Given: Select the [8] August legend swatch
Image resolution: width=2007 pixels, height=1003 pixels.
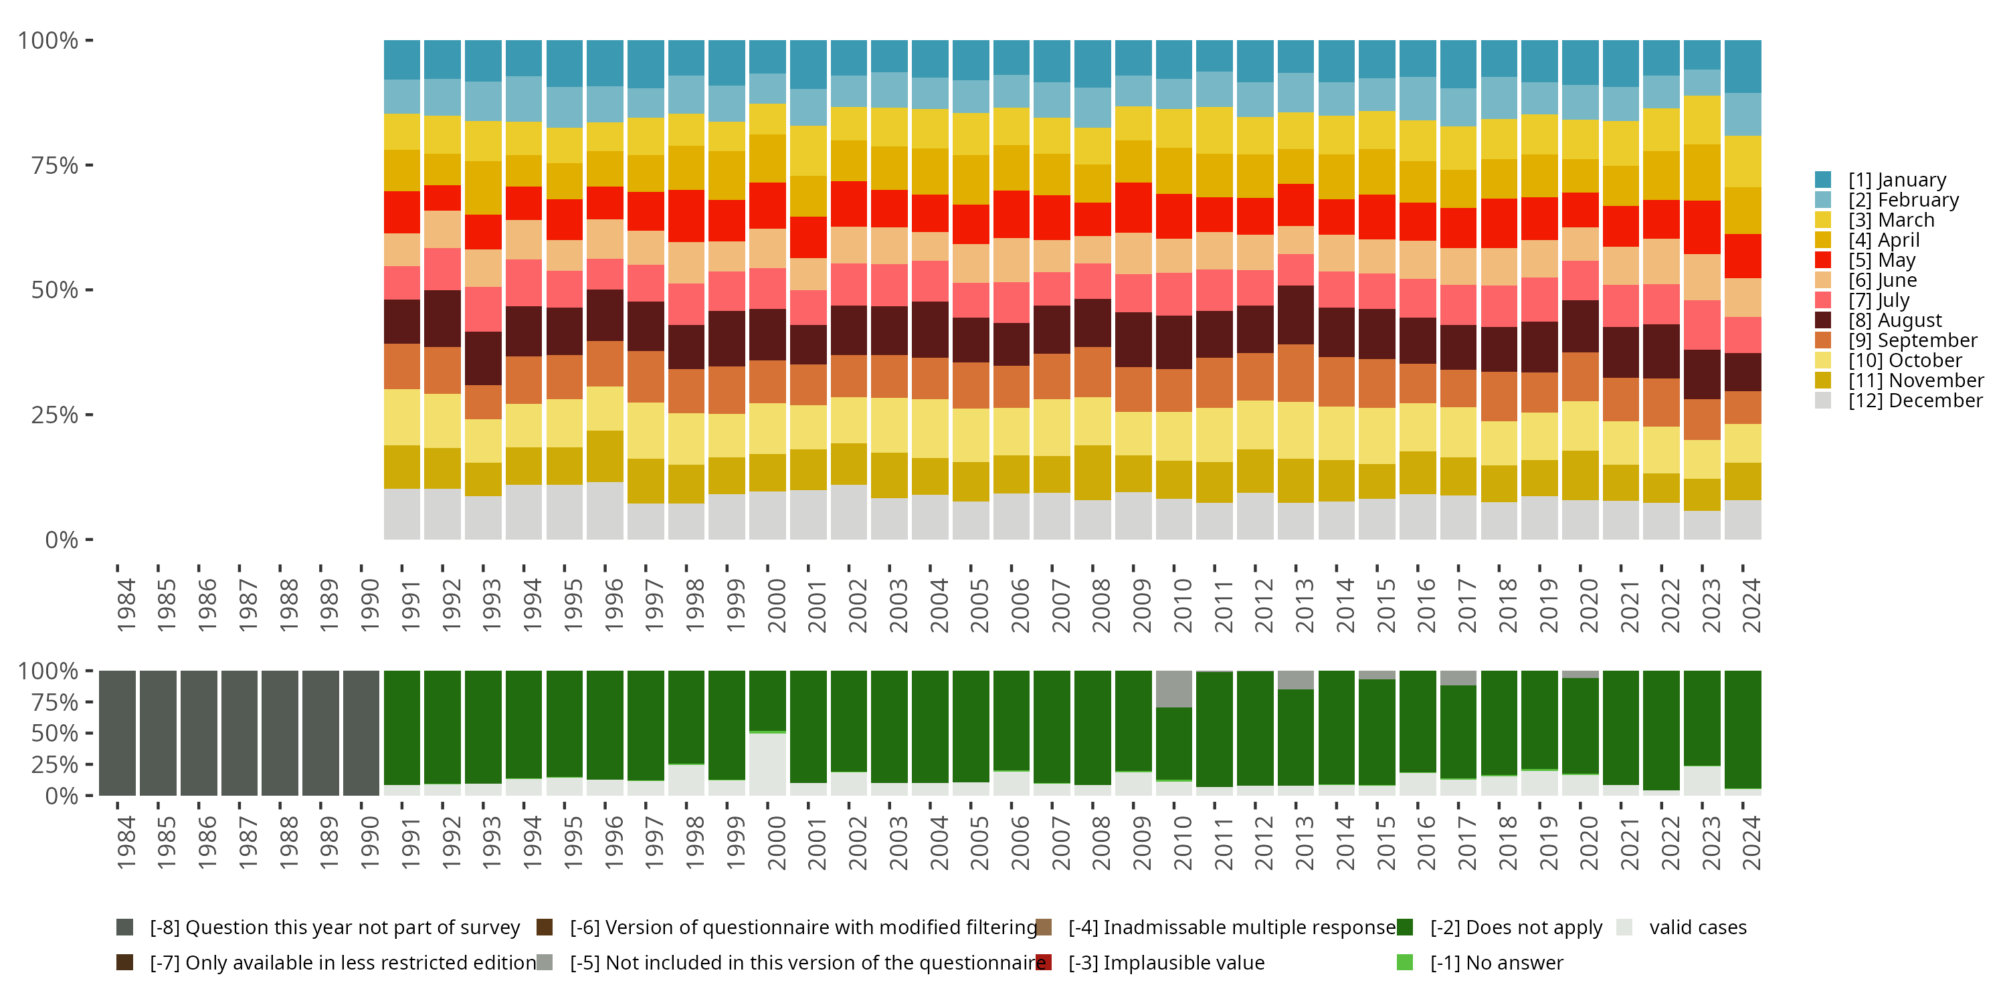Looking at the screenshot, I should [x=1823, y=320].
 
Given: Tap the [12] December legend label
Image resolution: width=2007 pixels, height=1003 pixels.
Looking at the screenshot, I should [x=1915, y=401].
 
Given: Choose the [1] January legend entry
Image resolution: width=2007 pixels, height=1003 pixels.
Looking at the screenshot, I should [x=1897, y=180].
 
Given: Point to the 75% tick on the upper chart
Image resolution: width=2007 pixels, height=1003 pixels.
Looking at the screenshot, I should [x=55, y=166].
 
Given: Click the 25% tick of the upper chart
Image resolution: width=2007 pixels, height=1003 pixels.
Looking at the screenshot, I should [x=55, y=415].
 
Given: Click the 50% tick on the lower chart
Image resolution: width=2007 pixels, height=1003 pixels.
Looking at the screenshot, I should [x=55, y=734].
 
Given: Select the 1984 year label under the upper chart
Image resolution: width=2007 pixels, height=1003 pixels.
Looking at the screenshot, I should [x=126, y=605].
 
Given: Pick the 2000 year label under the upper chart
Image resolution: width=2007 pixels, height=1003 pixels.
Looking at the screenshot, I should [x=776, y=605].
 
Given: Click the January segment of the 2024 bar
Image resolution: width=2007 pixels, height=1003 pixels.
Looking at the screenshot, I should [x=1743, y=66].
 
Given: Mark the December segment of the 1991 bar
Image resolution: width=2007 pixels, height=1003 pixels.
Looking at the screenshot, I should [x=402, y=514].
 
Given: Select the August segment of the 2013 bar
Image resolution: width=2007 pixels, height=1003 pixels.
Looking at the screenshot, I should [x=1296, y=314].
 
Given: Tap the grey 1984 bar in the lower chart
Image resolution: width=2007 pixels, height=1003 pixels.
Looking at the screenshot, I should [x=118, y=733].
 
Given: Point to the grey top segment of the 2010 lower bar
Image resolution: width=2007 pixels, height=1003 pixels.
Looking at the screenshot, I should [x=1173, y=689].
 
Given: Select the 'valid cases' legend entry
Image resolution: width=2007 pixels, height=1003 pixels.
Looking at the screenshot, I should [x=1697, y=927].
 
